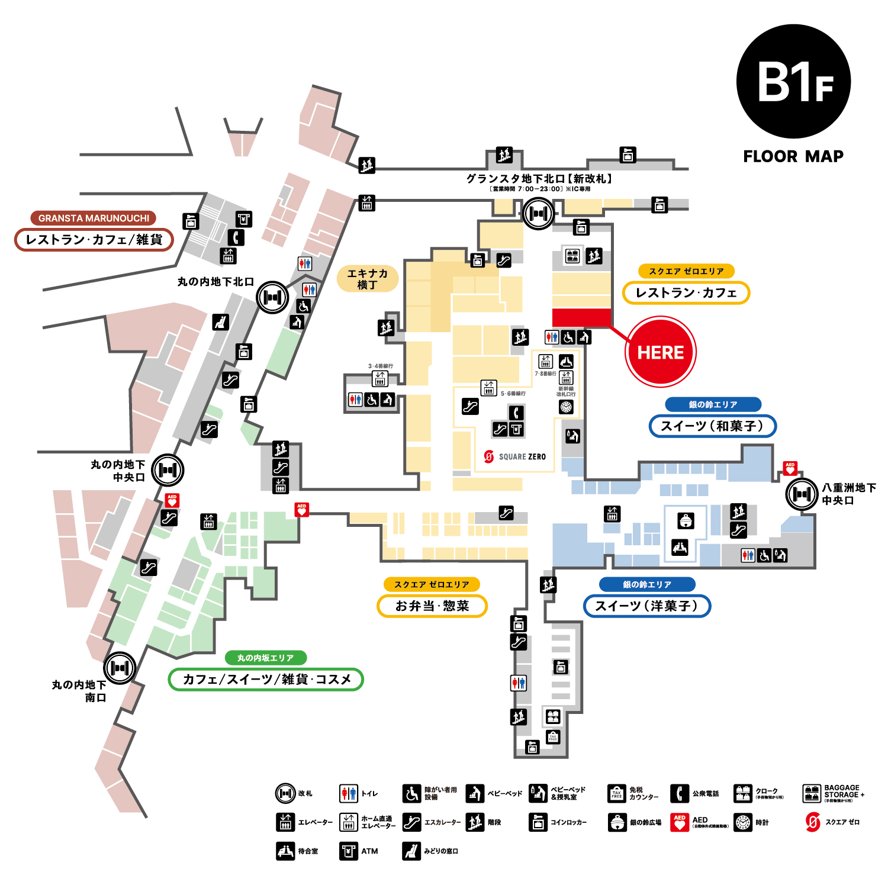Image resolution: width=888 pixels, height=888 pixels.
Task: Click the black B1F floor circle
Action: (x=793, y=82)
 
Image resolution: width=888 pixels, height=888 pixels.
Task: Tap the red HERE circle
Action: (x=661, y=352)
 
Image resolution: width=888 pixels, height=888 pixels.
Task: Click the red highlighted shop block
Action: (x=581, y=317)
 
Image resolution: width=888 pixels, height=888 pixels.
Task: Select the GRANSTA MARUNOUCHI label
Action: (x=94, y=218)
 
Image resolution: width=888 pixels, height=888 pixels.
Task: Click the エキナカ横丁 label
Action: (x=367, y=279)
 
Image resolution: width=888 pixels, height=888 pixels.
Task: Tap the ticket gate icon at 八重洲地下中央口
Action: (x=802, y=493)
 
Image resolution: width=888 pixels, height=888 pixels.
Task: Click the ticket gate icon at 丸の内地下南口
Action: (x=120, y=668)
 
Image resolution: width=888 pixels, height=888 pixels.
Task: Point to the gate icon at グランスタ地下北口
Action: (x=538, y=213)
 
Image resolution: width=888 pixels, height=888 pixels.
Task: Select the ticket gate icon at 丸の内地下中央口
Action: (x=168, y=470)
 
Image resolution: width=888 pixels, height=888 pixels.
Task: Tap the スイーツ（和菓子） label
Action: (x=712, y=426)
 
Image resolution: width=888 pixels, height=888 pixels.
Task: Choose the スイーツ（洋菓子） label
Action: (x=646, y=606)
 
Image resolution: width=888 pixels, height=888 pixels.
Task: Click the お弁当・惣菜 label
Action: (x=432, y=606)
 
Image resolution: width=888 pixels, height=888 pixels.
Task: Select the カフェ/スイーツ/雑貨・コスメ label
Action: (x=266, y=679)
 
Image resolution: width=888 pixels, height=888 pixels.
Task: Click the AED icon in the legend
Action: (x=680, y=822)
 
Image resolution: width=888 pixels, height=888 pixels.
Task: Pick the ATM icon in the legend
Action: (x=349, y=851)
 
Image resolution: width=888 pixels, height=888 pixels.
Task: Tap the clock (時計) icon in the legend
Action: (x=743, y=822)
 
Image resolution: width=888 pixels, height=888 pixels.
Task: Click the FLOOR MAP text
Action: (x=793, y=156)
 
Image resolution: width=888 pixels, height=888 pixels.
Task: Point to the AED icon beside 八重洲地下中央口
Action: (x=790, y=468)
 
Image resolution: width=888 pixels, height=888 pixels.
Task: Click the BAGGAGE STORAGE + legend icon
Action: (x=812, y=793)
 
